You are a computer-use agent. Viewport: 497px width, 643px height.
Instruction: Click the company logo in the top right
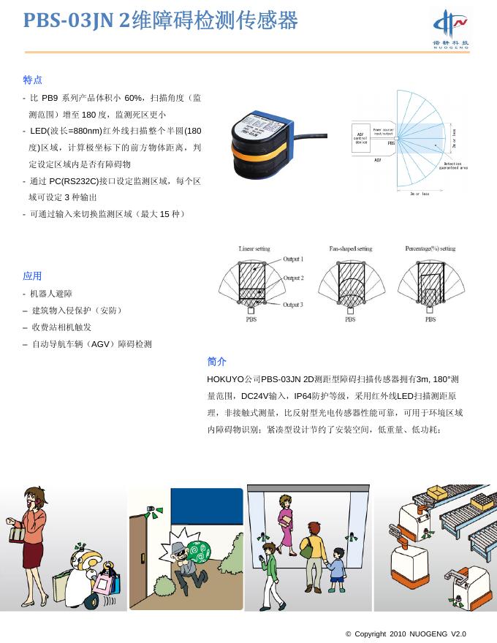[450, 28]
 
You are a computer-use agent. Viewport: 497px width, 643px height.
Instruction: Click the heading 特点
[32, 80]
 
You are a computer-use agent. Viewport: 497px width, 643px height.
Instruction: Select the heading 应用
[32, 276]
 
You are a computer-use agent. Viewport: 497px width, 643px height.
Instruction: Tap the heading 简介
[216, 362]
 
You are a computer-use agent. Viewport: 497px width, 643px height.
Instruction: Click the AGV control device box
[361, 137]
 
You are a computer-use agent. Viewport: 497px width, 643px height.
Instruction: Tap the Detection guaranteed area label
[452, 166]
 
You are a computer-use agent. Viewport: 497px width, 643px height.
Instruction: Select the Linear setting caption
[254, 249]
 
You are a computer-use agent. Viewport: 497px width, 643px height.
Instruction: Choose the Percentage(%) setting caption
[430, 249]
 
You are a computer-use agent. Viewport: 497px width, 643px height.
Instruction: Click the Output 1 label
[293, 259]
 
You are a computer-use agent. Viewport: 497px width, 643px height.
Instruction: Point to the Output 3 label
[293, 305]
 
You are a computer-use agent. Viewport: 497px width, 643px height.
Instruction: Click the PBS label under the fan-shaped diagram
[350, 319]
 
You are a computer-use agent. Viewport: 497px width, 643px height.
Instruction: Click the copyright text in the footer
[405, 634]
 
